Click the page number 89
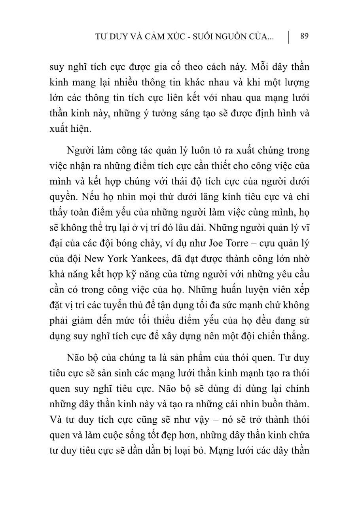click(x=304, y=36)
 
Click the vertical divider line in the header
click(x=289, y=37)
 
